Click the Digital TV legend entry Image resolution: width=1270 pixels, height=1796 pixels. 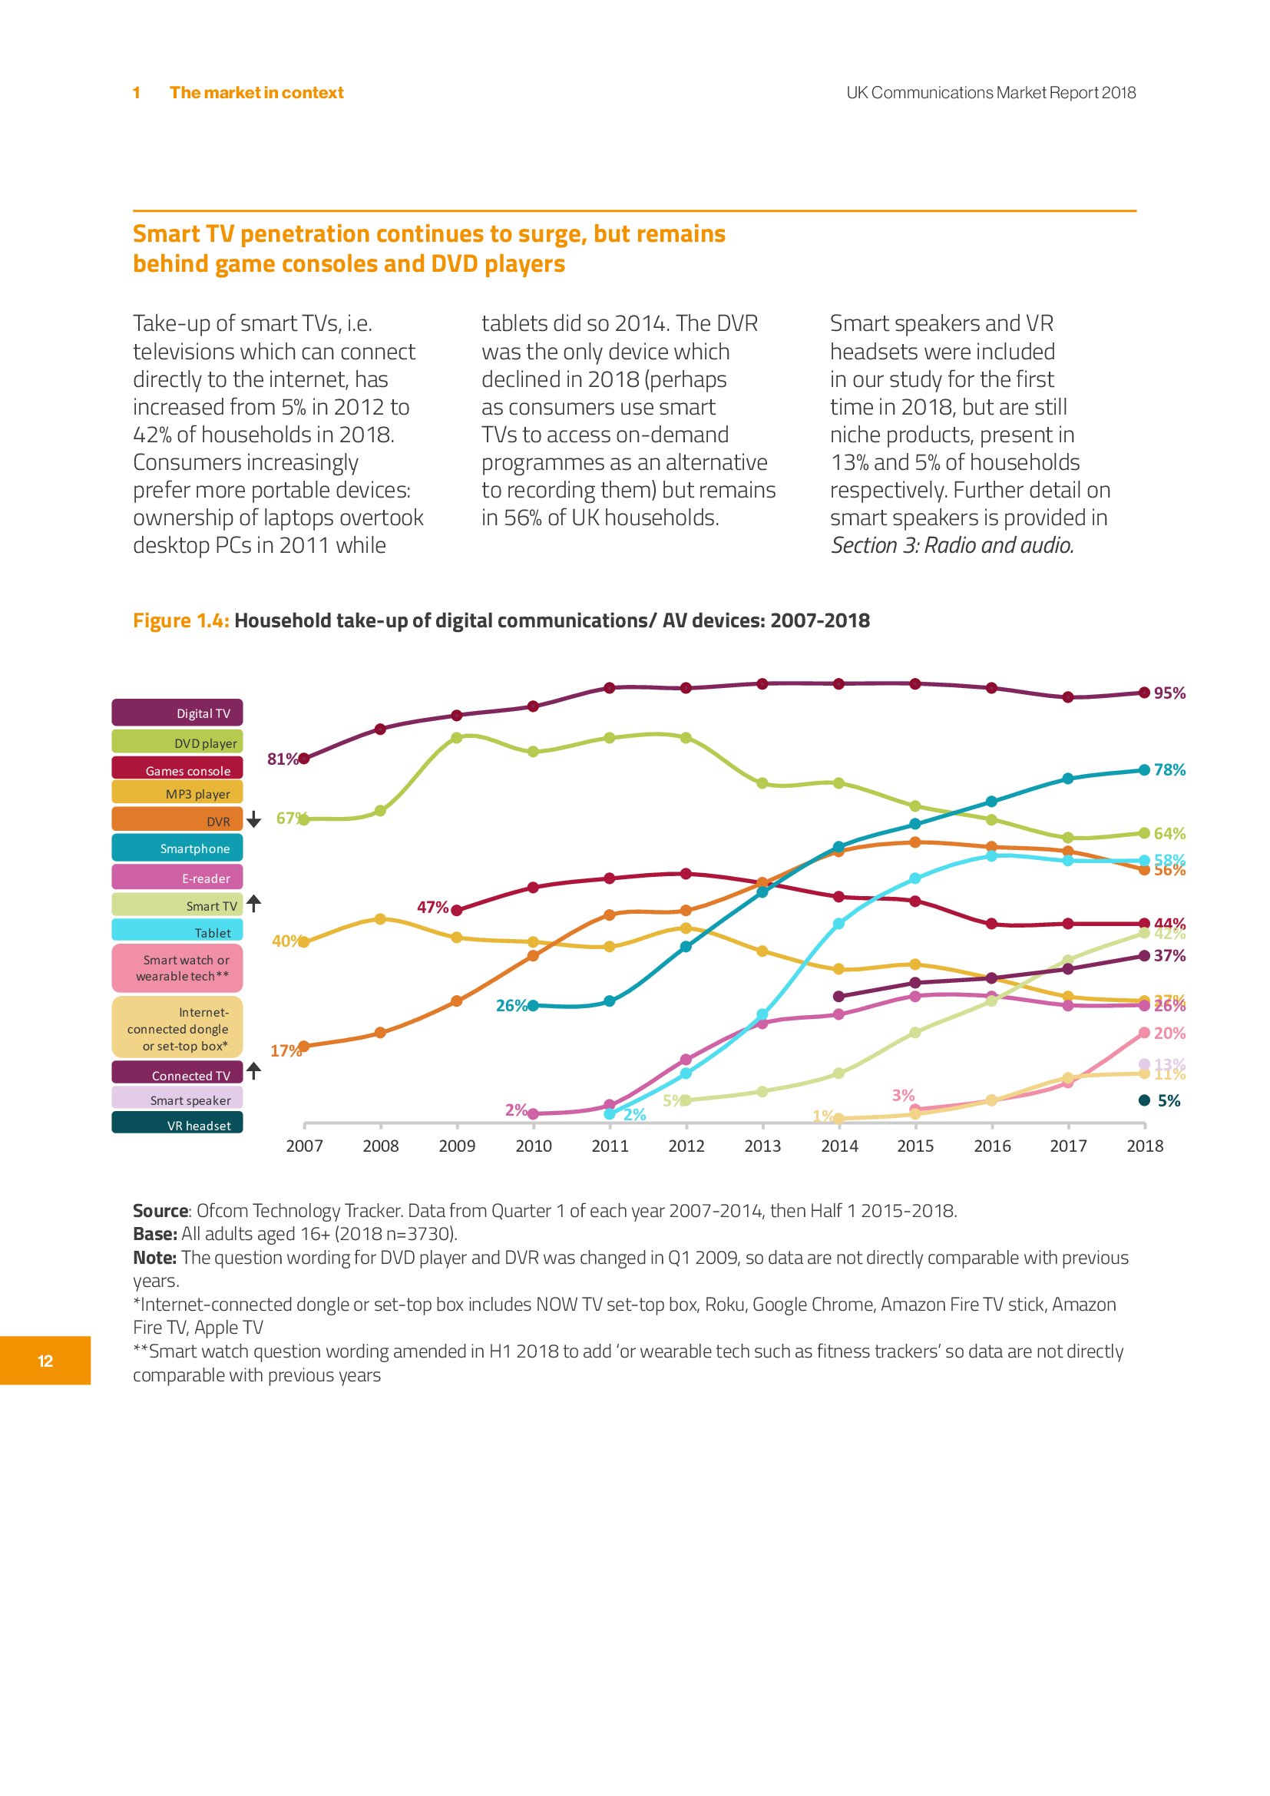[x=177, y=713]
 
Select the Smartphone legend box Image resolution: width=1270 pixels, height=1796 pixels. [x=177, y=848]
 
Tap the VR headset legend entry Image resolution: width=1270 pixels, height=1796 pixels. [x=177, y=1125]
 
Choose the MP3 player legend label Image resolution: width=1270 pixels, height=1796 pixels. [x=177, y=793]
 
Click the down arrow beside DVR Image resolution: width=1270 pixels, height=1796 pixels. [x=253, y=819]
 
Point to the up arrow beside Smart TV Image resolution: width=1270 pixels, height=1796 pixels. [x=253, y=904]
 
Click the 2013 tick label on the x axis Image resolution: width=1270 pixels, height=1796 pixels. [x=762, y=1146]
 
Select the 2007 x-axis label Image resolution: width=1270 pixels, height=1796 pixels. [x=304, y=1146]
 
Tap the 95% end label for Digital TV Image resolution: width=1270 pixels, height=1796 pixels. [x=1169, y=693]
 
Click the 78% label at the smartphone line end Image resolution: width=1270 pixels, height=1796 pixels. [x=1169, y=769]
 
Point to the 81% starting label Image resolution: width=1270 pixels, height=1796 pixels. [x=282, y=759]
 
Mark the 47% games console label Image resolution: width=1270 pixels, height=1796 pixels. [x=432, y=908]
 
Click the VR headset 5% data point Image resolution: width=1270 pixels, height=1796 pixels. [x=1144, y=1100]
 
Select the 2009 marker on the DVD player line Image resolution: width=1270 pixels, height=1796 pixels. [x=457, y=738]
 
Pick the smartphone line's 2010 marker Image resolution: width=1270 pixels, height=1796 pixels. [x=534, y=1006]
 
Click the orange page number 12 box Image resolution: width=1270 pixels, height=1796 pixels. [x=45, y=1361]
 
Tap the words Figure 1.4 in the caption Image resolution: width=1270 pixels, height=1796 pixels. [x=180, y=620]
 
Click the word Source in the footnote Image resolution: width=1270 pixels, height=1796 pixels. [x=160, y=1211]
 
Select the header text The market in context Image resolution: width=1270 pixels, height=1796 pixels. [x=256, y=92]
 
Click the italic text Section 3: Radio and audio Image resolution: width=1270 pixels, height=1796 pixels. [x=951, y=545]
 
